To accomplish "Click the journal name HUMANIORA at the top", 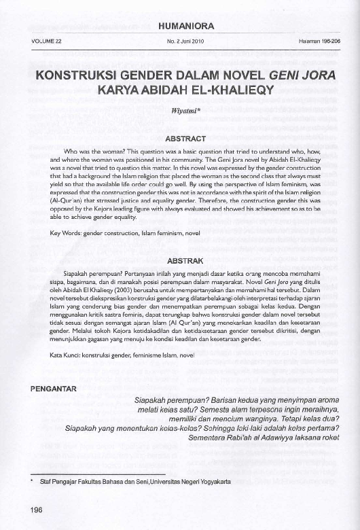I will (185, 26).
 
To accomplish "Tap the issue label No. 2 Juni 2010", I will (185, 41).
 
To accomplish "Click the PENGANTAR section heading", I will (58, 389).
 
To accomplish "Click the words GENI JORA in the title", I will (292, 75).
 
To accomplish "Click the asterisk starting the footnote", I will (33, 480).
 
